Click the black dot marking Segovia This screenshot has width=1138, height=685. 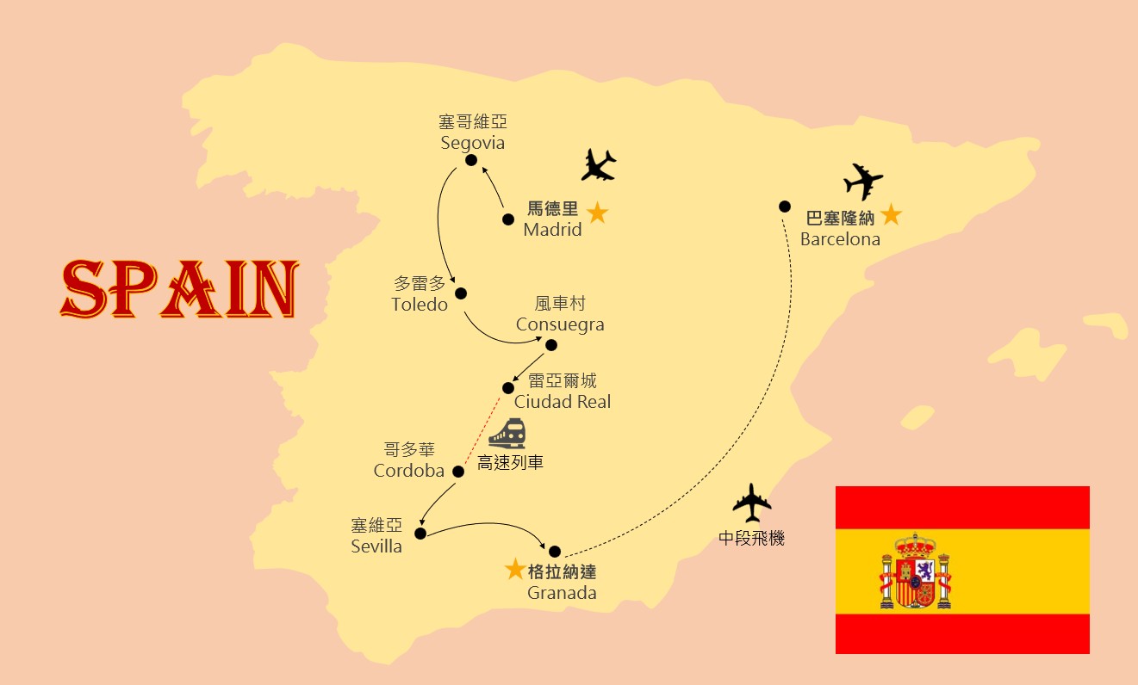[x=471, y=160]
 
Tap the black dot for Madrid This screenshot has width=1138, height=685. [x=508, y=219]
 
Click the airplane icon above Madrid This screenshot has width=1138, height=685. [x=599, y=164]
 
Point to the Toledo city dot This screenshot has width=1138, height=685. [x=461, y=293]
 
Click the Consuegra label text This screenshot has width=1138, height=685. [x=560, y=324]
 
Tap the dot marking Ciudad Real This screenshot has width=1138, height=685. [x=508, y=388]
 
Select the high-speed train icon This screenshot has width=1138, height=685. [x=507, y=434]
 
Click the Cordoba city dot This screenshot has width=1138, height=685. [x=458, y=471]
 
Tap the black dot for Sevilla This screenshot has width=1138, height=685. [x=420, y=534]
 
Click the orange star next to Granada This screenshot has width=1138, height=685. [x=514, y=569]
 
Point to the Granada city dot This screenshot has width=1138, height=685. [x=555, y=552]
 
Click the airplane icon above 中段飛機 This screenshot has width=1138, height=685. [x=751, y=503]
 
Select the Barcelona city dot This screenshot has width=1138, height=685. [x=785, y=207]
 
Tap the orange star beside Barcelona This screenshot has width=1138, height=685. [x=891, y=215]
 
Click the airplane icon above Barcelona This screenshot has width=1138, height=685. [x=863, y=182]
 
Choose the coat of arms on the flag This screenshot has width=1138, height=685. [x=915, y=571]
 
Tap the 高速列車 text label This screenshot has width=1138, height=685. [x=510, y=462]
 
